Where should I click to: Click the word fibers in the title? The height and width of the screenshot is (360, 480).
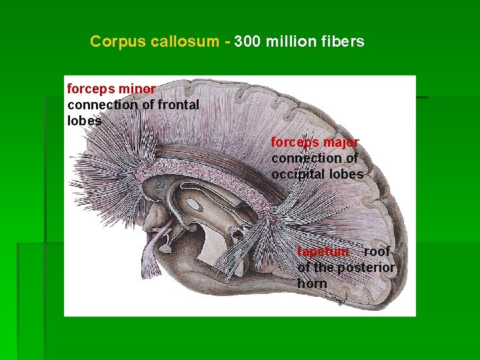click(x=342, y=42)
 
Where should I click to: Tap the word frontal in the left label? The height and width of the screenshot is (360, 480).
click(x=177, y=105)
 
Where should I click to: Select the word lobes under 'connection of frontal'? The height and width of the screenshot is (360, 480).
click(x=85, y=121)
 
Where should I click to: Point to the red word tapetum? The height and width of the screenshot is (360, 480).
click(x=323, y=252)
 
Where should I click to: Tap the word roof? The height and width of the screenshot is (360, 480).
click(x=377, y=252)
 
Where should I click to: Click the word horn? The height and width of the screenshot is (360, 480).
click(x=312, y=283)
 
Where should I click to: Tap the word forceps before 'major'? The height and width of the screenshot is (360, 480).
click(x=295, y=143)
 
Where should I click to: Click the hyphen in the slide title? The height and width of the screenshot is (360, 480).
click(x=227, y=42)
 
